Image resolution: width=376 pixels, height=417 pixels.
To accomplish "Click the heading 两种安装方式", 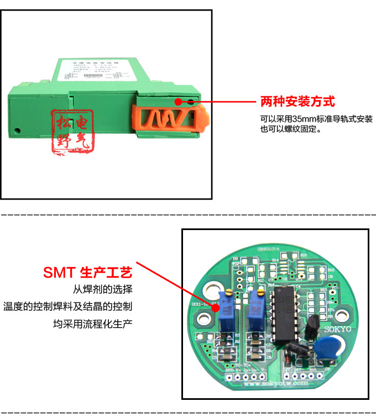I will [297, 102].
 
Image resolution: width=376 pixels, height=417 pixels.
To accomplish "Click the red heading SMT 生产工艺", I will [88, 273].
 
